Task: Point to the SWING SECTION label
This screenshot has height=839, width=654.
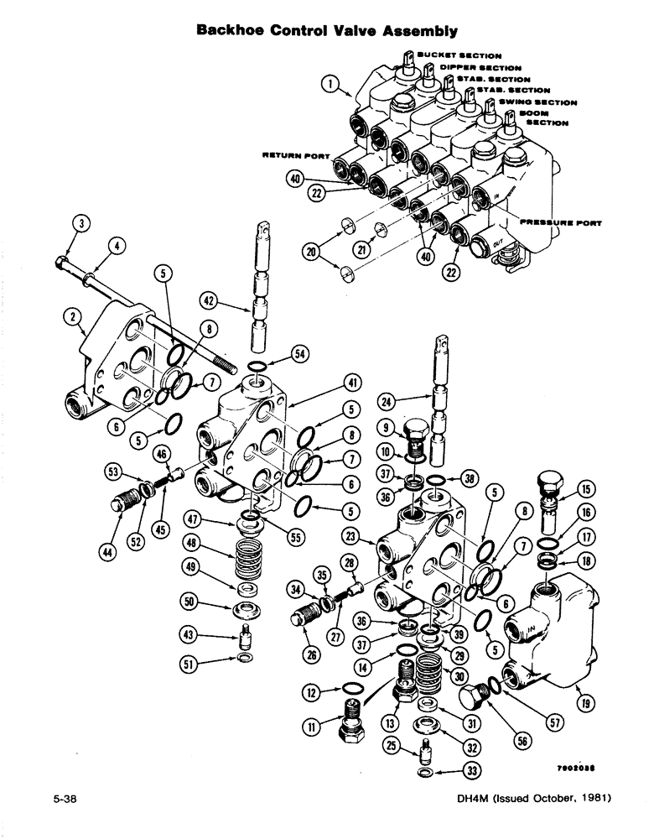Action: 537,102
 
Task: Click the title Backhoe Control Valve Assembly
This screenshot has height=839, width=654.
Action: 326,31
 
